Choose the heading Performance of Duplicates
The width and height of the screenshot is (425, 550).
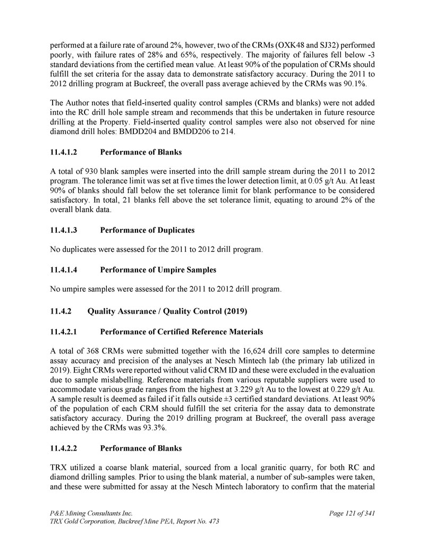(x=147, y=230)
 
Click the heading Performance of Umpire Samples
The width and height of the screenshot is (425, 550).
(x=158, y=270)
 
